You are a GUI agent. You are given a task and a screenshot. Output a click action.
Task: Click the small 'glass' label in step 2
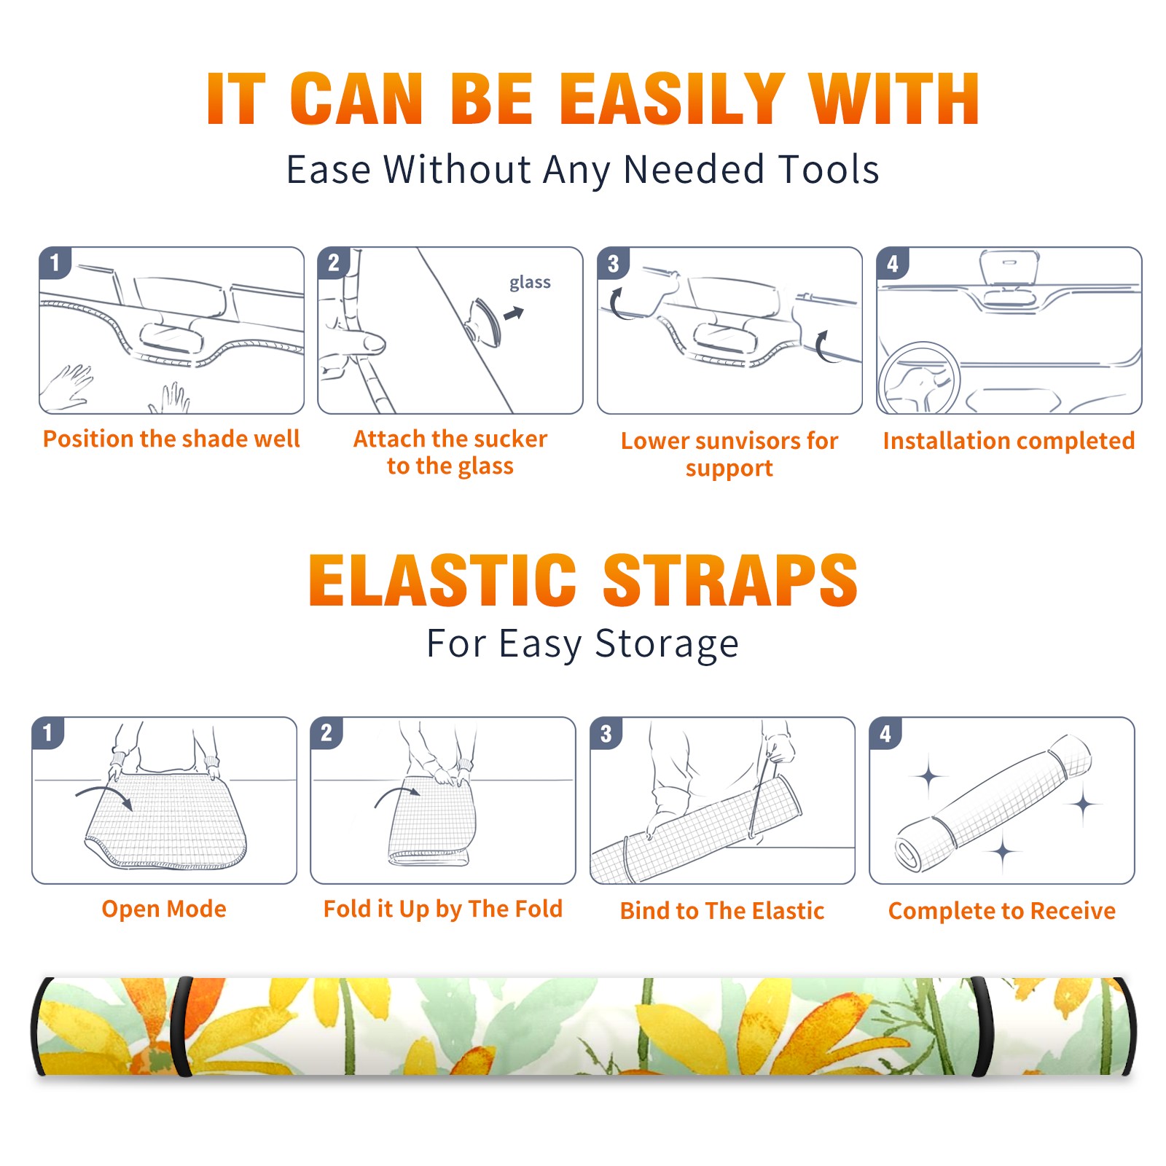pyautogui.click(x=530, y=283)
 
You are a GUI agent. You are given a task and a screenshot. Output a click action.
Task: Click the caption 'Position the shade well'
pyautogui.click(x=171, y=439)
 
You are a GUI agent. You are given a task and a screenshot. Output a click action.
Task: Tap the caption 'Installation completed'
pyautogui.click(x=1009, y=440)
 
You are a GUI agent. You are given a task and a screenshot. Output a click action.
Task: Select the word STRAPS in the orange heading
pyautogui.click(x=730, y=580)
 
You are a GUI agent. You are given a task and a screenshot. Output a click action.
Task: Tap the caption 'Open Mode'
pyautogui.click(x=164, y=909)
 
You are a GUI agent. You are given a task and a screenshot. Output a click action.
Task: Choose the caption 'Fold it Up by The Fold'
pyautogui.click(x=443, y=909)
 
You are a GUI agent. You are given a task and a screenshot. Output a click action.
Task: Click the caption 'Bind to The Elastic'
pyautogui.click(x=722, y=911)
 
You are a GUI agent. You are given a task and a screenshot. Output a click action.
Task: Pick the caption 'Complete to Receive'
pyautogui.click(x=1002, y=911)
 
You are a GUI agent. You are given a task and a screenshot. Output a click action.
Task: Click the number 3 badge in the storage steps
pyautogui.click(x=606, y=733)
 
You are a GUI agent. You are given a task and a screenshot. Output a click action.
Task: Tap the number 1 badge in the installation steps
pyautogui.click(x=55, y=262)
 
